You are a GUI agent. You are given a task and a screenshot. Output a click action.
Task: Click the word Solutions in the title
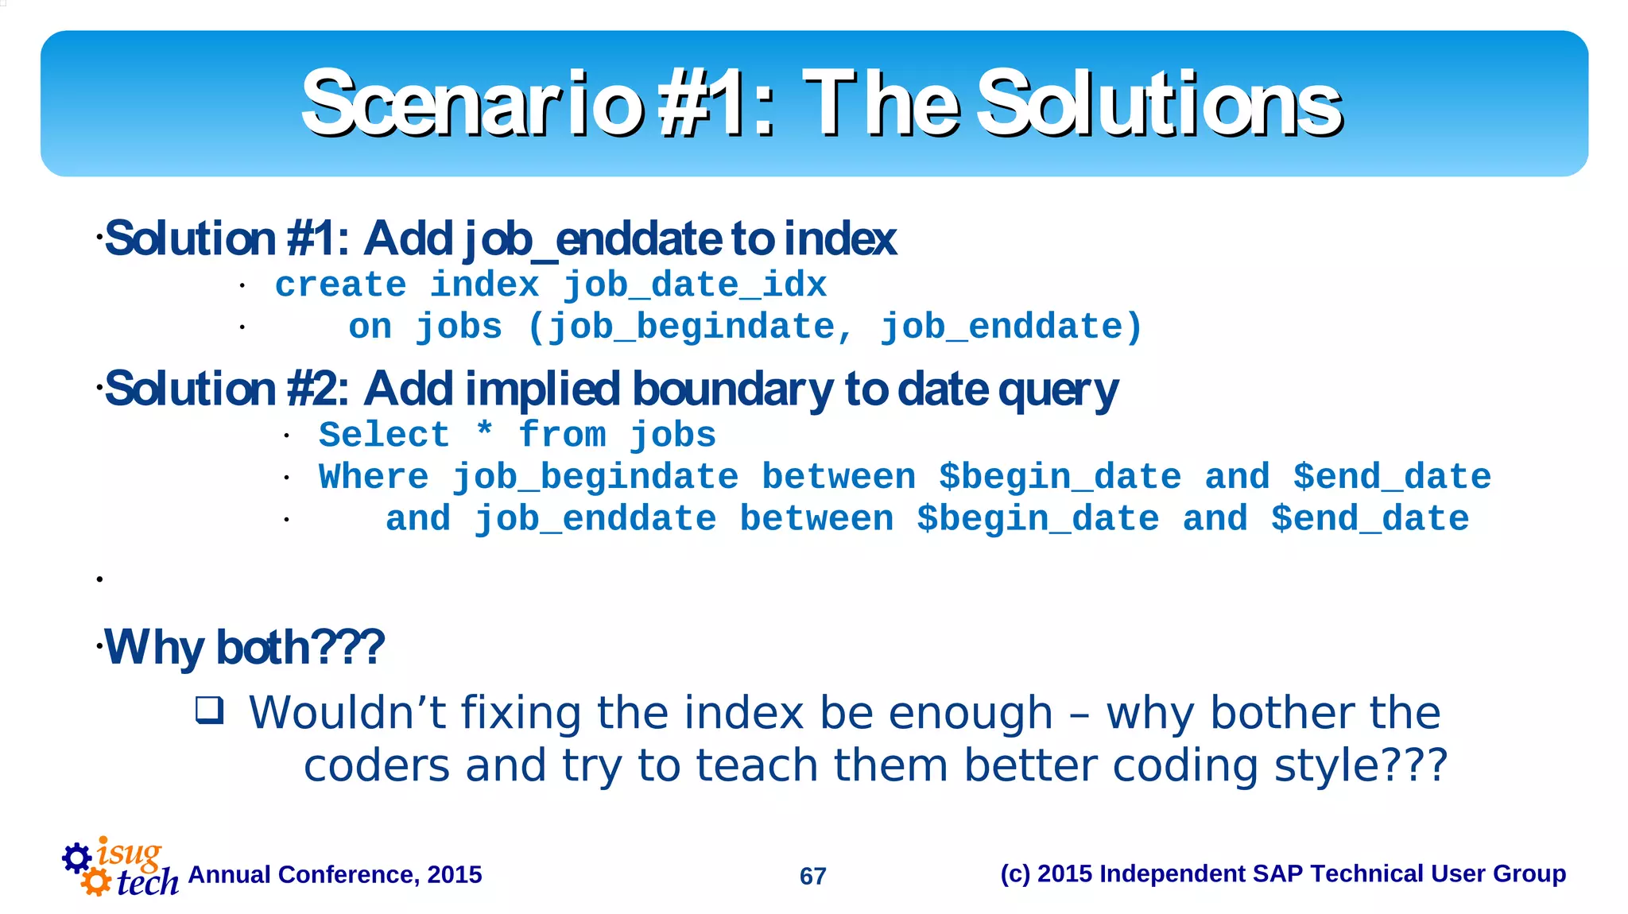point(1159,104)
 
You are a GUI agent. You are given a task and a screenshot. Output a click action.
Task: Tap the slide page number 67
point(812,876)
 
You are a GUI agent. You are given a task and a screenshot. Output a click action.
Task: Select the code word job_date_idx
point(695,285)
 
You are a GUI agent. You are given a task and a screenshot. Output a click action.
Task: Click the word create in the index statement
point(340,285)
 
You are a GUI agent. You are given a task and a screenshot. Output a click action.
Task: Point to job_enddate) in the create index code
point(1010,327)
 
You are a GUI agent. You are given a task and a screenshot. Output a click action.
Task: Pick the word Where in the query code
point(374,477)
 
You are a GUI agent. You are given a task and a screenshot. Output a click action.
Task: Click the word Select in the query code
point(384,435)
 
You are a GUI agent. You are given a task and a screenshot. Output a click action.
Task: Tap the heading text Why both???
point(245,647)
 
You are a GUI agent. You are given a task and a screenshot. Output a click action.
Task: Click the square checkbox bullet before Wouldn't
point(210,709)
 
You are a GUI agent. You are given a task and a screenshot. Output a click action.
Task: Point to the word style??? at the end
point(1360,766)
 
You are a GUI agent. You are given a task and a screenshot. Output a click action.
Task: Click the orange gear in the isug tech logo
point(96,881)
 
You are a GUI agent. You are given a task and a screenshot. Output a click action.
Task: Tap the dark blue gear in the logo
point(76,858)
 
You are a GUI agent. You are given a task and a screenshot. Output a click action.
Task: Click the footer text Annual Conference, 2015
point(335,874)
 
